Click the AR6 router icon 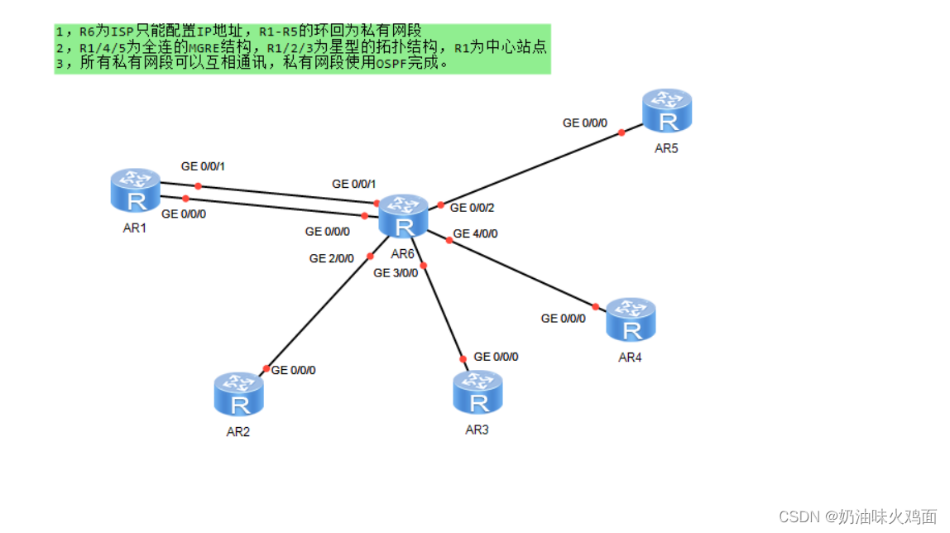(403, 218)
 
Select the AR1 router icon (135, 190)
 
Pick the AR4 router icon (631, 321)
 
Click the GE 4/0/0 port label (474, 233)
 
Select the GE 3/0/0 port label (396, 272)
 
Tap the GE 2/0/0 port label (331, 258)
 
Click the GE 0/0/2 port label (473, 208)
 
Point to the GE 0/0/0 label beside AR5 (585, 122)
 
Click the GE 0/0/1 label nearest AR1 (203, 166)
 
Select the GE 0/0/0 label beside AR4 (564, 318)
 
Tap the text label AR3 (477, 430)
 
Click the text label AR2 (238, 431)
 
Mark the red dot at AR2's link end (266, 369)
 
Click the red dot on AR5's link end (621, 132)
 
